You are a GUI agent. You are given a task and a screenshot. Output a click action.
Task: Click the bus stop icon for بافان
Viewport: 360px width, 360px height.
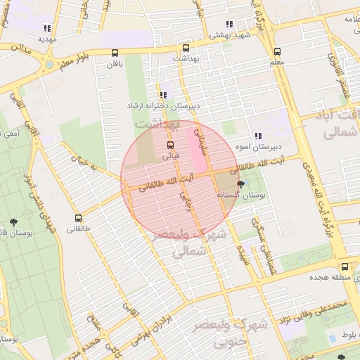(x=115, y=53)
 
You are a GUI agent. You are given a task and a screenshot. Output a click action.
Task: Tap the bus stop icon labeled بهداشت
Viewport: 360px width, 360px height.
(x=186, y=49)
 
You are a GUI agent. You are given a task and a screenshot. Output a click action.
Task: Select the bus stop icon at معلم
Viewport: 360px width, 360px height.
(x=277, y=51)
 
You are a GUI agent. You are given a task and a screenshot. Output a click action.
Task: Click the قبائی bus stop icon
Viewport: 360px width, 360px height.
(x=171, y=145)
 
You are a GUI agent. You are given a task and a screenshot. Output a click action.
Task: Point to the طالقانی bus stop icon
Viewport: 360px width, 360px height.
(x=77, y=218)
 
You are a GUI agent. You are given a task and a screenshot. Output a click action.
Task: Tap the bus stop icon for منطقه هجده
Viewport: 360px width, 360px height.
(x=344, y=266)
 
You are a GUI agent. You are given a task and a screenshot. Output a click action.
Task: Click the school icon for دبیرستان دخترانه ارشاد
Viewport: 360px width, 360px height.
(x=163, y=94)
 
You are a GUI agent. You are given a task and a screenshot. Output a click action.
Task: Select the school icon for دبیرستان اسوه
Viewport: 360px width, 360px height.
(x=258, y=136)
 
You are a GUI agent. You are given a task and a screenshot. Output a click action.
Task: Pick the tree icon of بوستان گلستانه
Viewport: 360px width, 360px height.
(x=241, y=185)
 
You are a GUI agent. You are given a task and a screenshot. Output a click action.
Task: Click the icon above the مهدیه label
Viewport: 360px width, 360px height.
(x=47, y=29)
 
